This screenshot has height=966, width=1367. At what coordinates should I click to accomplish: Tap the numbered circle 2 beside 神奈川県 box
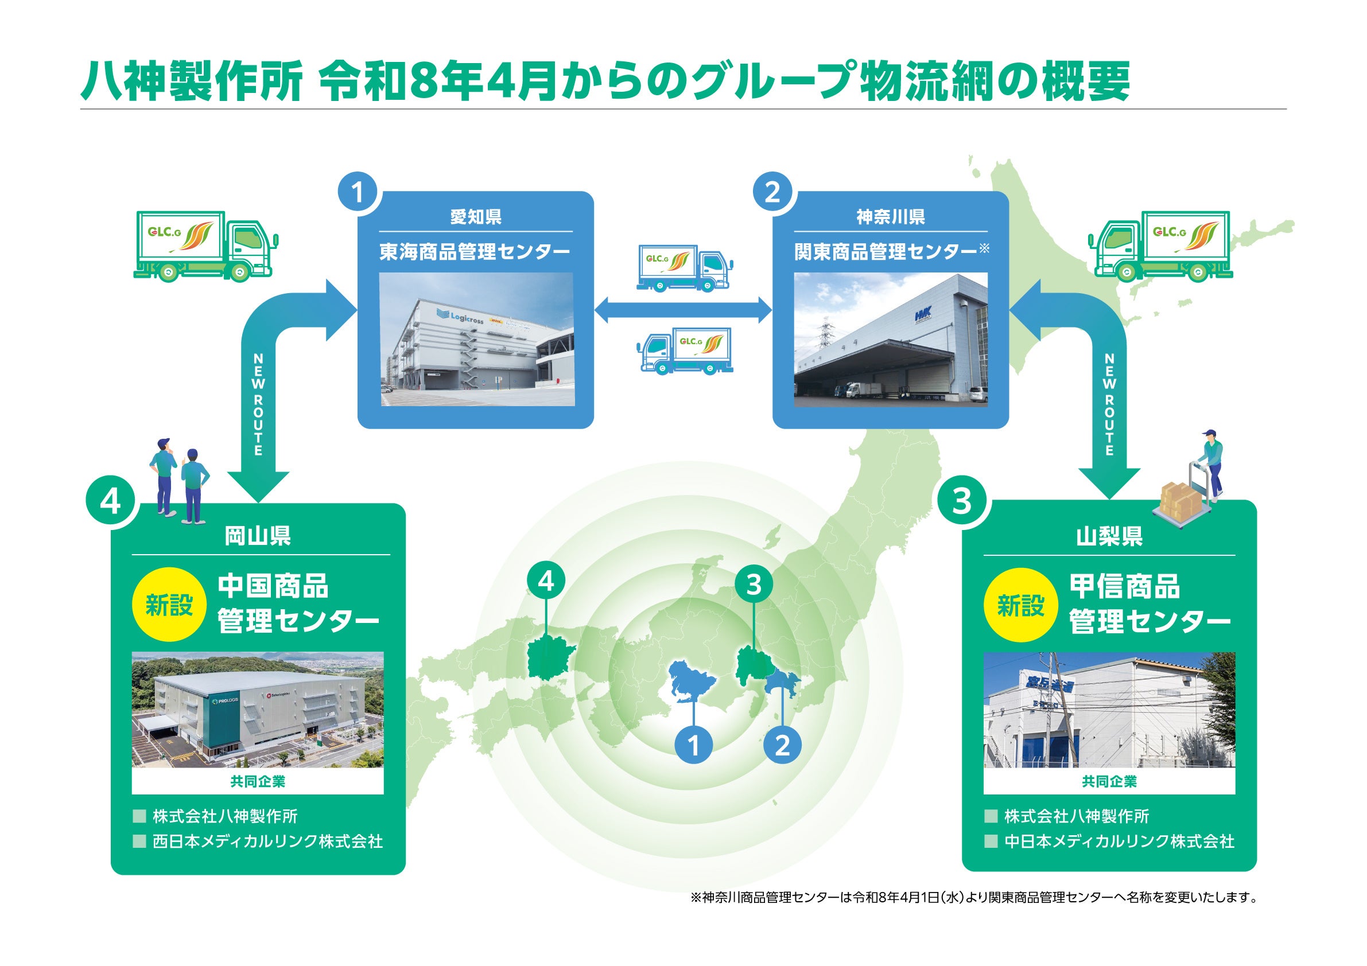pyautogui.click(x=772, y=192)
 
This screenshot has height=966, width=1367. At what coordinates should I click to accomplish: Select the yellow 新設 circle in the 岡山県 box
pyautogui.click(x=170, y=606)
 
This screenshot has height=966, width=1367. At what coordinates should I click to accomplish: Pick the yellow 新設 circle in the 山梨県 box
pyautogui.click(x=1020, y=606)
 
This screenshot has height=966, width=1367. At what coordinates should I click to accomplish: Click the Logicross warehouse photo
pyautogui.click(x=476, y=339)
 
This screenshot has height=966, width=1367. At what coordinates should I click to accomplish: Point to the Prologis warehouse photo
pyautogui.click(x=257, y=710)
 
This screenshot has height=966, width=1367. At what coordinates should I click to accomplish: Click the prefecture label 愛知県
pyautogui.click(x=476, y=217)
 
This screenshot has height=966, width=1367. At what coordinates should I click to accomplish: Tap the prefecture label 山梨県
pyautogui.click(x=1109, y=537)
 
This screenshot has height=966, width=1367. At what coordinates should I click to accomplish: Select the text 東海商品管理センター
pyautogui.click(x=475, y=252)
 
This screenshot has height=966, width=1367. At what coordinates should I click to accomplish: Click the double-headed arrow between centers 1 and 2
pyautogui.click(x=683, y=310)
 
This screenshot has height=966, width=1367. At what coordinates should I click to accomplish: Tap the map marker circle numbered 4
pyautogui.click(x=546, y=581)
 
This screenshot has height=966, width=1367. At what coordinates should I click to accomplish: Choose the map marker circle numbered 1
pyautogui.click(x=694, y=745)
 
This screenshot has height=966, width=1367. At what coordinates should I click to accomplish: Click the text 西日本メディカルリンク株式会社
pyautogui.click(x=267, y=842)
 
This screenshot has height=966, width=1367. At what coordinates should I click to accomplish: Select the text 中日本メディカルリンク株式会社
pyautogui.click(x=1119, y=842)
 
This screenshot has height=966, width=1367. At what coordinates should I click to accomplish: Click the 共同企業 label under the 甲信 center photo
pyautogui.click(x=1109, y=781)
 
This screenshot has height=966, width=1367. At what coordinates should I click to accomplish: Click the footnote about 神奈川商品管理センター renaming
pyautogui.click(x=973, y=897)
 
